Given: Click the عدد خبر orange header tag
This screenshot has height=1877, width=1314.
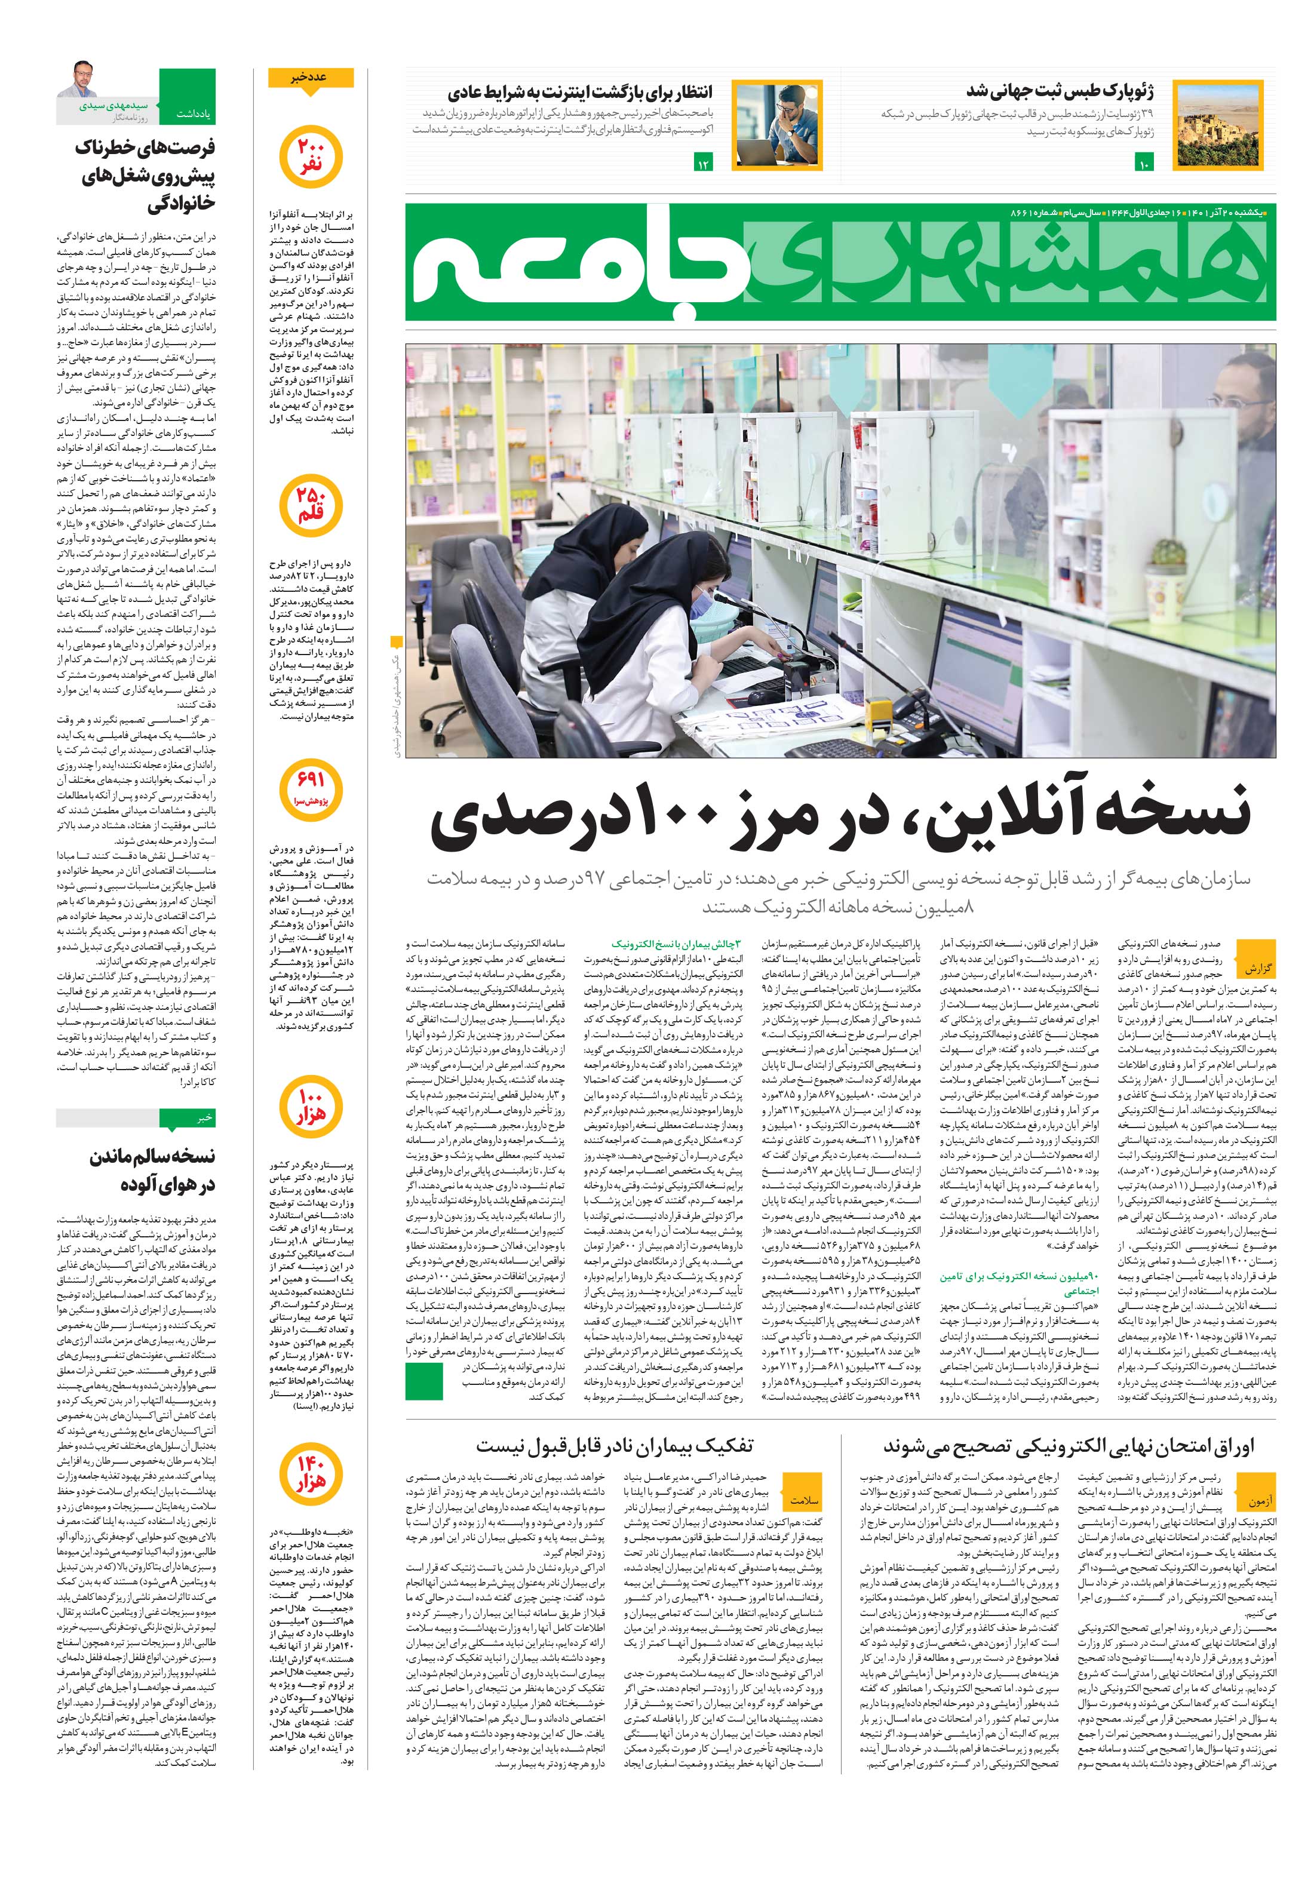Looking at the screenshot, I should (310, 78).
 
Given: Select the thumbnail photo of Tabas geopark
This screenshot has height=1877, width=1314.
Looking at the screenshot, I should (1206, 125).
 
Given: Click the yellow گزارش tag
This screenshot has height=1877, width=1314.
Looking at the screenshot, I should (1255, 969).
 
